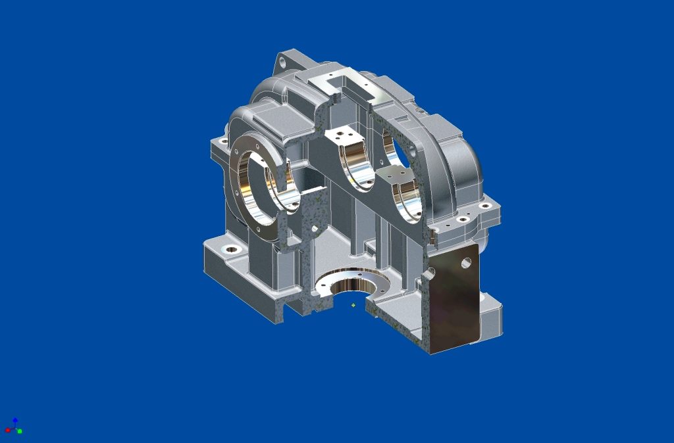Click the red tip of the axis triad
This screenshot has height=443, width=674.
(x=7, y=430)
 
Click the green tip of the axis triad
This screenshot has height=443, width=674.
(x=20, y=431)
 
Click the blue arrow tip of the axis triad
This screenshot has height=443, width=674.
(x=14, y=419)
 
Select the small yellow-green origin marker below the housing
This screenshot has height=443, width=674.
(x=353, y=305)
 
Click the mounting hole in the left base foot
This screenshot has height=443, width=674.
(x=231, y=250)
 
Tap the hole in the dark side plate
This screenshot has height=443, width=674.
(x=467, y=263)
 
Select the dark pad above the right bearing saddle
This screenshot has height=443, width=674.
(x=395, y=174)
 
